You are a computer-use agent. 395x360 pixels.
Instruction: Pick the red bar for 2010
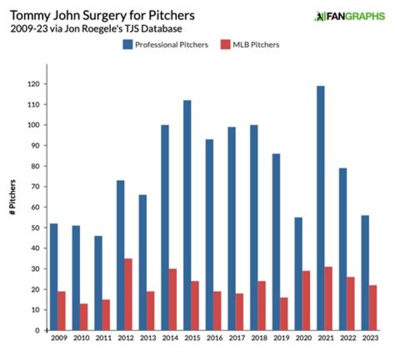pos(84,317)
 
